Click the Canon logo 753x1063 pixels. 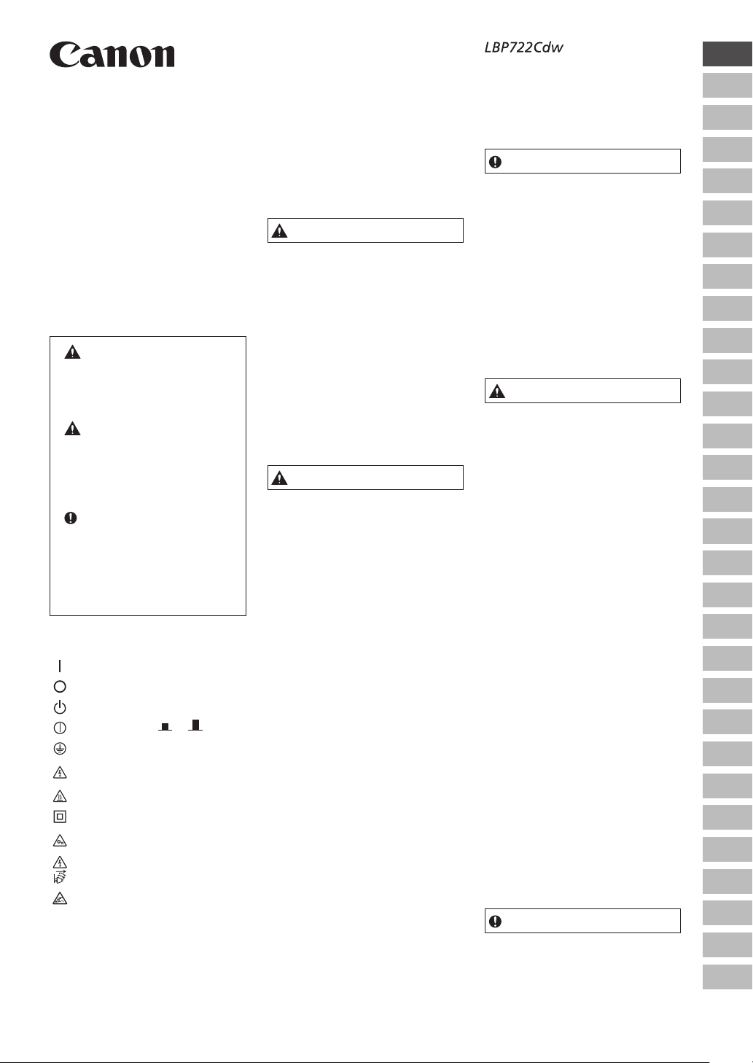point(112,55)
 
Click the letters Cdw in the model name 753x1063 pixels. point(550,48)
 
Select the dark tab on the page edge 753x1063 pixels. point(727,54)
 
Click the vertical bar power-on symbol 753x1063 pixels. point(60,666)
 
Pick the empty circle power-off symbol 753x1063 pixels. point(60,686)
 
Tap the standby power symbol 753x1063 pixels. point(60,706)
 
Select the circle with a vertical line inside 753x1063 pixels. point(60,728)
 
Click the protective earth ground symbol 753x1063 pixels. point(60,748)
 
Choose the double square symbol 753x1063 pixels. point(60,817)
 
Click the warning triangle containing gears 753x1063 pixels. point(60,841)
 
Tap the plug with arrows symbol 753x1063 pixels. point(60,877)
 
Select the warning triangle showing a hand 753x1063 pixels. point(60,900)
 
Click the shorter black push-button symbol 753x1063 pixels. point(165,727)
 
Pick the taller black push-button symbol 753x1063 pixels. point(195,725)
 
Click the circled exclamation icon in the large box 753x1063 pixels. point(71,518)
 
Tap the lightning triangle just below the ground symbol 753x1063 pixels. point(60,772)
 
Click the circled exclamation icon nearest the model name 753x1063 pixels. point(496,162)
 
